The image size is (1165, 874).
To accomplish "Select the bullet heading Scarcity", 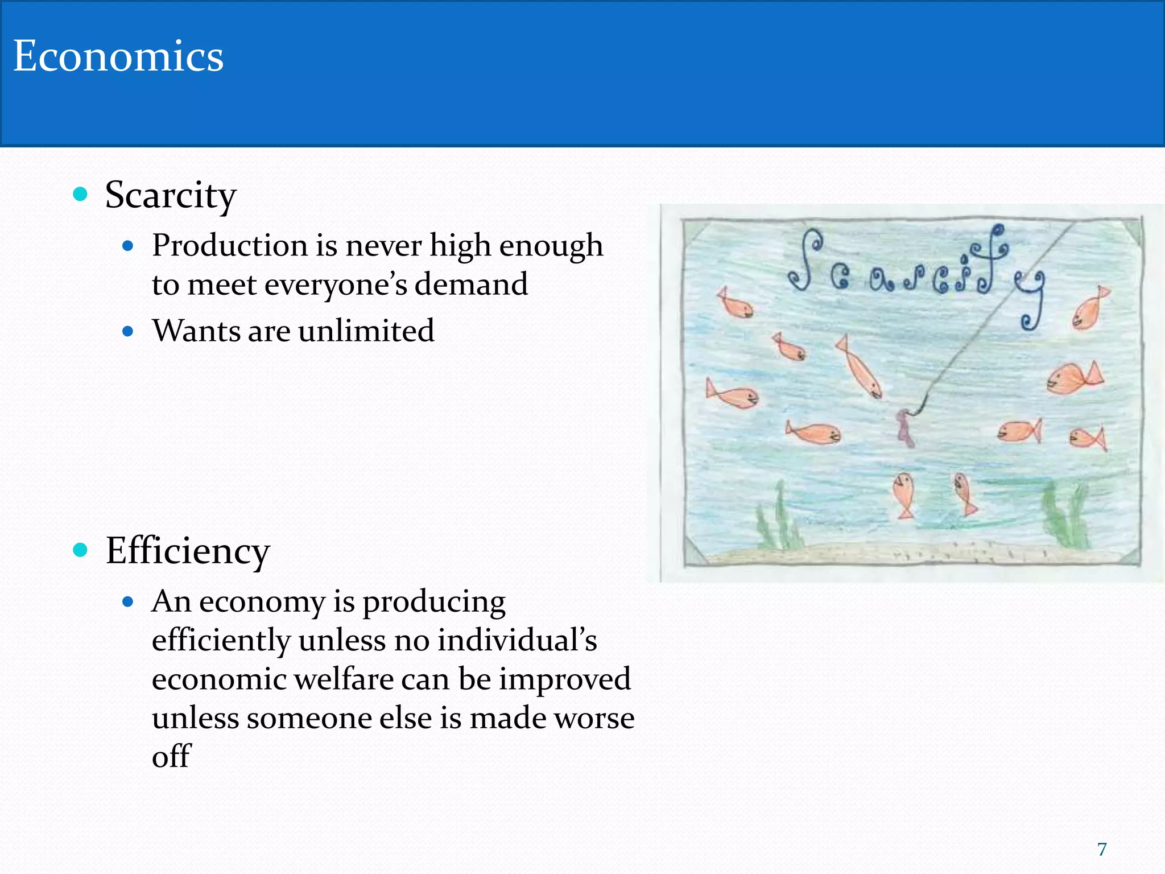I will (171, 195).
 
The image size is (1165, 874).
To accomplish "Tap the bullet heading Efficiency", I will (188, 551).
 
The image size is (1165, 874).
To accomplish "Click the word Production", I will (229, 246).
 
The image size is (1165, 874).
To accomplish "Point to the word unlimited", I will (366, 331).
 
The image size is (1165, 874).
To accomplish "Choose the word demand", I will (471, 284).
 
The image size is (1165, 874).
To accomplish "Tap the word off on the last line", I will (171, 756).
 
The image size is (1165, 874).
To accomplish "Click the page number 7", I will (1102, 849).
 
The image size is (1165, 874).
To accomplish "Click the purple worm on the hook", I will (905, 427).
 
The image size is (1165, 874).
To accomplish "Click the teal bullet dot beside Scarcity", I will (80, 195).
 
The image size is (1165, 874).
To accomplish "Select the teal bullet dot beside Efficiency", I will (80, 550).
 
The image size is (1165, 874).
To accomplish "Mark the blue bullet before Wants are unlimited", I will (128, 331).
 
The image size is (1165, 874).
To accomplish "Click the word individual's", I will (517, 640).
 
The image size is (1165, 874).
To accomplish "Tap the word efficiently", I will (221, 640).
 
